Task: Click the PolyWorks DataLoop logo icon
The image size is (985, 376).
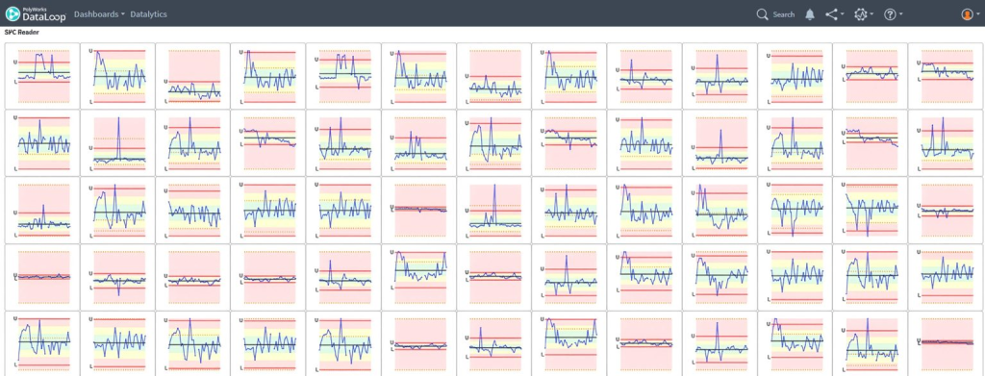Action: click(12, 13)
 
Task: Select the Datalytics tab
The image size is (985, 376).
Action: click(148, 13)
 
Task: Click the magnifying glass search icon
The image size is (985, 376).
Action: click(762, 14)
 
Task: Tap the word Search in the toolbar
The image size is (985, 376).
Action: click(783, 14)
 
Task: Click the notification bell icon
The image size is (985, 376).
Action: click(810, 14)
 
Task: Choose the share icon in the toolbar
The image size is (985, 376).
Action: click(832, 14)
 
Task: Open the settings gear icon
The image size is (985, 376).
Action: click(860, 14)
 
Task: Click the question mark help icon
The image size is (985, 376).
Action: click(890, 14)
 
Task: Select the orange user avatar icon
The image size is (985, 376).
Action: click(967, 14)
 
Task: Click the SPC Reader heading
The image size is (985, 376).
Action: click(21, 32)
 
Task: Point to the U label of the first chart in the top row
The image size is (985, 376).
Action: click(15, 63)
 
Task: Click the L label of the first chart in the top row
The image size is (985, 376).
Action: click(15, 82)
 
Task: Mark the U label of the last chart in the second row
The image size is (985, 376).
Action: click(919, 131)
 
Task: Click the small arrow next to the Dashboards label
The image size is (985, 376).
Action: click(122, 14)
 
